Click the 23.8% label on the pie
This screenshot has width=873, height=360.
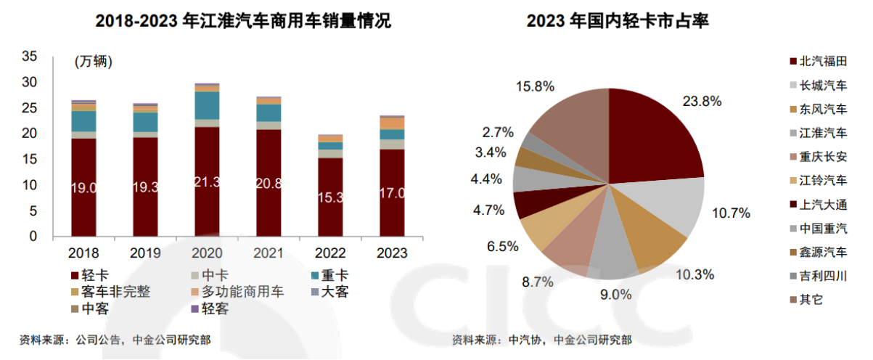point(702,102)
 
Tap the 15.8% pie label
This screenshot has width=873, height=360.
point(535,86)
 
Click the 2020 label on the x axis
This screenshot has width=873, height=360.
point(208,253)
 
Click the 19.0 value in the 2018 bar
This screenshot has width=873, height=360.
point(84,189)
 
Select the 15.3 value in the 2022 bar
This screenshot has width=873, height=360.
point(330,197)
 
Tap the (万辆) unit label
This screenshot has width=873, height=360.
point(94,62)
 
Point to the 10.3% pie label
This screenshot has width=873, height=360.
point(694,275)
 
